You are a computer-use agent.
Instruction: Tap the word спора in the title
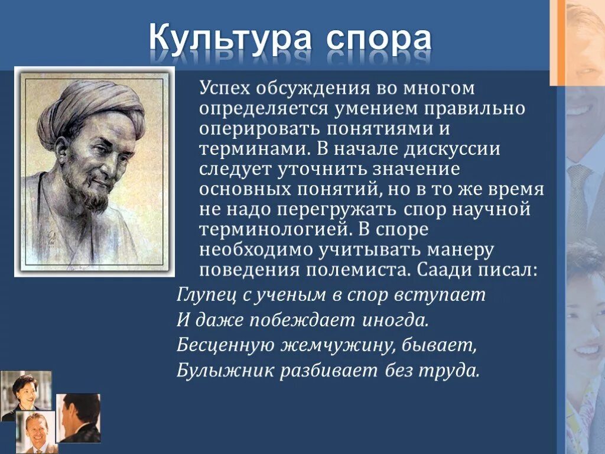coord(378,40)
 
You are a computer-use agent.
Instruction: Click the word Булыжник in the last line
coord(216,371)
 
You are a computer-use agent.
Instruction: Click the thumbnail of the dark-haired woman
coord(26,391)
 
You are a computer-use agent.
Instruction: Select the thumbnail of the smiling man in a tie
coord(35,432)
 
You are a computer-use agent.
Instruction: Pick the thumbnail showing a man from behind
coord(78,418)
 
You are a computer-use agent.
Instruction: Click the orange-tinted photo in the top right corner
coord(577,41)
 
